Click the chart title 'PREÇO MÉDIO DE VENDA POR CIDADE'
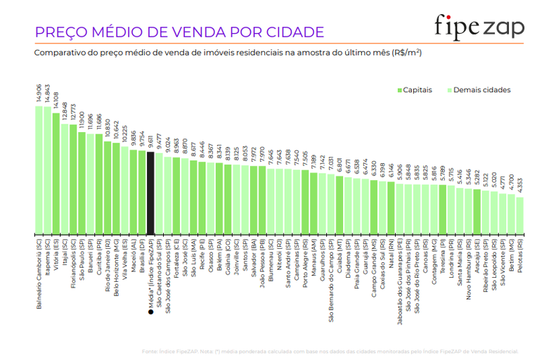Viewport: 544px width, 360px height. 179,32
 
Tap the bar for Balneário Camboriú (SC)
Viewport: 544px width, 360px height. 39,169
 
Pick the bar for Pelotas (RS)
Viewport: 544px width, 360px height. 520,215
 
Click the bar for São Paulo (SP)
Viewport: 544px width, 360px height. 82,183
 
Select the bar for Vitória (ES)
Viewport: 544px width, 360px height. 56,172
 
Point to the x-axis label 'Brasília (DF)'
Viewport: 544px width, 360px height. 142,259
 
